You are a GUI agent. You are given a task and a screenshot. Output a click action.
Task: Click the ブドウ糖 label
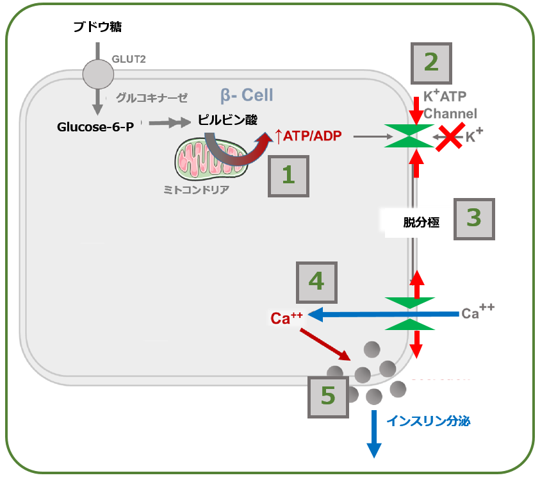click(x=97, y=26)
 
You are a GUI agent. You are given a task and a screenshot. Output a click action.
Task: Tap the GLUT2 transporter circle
click(x=98, y=74)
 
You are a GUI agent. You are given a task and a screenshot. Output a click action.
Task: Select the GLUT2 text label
click(x=129, y=59)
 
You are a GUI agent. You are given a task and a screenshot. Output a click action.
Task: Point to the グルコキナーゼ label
click(x=152, y=98)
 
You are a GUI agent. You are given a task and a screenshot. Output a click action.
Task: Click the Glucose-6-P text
click(x=95, y=127)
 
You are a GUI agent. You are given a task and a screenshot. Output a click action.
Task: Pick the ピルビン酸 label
click(x=227, y=120)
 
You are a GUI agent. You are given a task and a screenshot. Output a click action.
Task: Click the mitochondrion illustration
click(x=211, y=159)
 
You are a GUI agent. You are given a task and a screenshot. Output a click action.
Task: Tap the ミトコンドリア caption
click(x=196, y=190)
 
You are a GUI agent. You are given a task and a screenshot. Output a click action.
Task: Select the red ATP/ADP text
click(x=309, y=136)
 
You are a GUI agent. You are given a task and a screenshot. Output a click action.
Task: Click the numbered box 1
click(x=289, y=176)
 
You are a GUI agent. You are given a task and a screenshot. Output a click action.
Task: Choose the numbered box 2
click(x=432, y=63)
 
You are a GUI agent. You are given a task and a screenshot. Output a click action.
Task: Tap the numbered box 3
click(x=474, y=219)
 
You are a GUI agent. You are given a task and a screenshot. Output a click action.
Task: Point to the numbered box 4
click(x=316, y=283)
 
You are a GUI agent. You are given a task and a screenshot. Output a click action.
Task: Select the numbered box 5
click(x=328, y=397)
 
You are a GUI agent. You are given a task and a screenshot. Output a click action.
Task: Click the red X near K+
click(x=450, y=137)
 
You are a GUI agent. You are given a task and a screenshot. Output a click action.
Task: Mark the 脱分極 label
click(x=421, y=222)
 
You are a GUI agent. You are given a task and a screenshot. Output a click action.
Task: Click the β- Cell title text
click(x=247, y=95)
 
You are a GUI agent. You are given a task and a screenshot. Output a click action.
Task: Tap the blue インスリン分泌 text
click(x=429, y=421)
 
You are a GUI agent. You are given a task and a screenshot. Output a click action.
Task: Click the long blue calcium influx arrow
click(x=383, y=314)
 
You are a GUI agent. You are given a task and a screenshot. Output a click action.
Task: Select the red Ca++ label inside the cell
click(x=286, y=318)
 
